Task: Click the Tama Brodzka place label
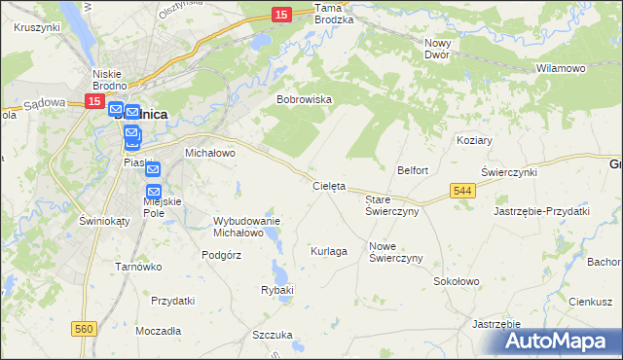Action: point(334,13)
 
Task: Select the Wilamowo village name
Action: point(561,69)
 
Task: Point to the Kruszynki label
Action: point(38,27)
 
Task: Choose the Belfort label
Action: point(412,170)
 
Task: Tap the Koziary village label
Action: point(474,140)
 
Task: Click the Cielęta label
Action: point(329,185)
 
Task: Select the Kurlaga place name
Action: point(329,251)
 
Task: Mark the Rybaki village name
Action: point(277,290)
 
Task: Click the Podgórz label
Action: point(221,254)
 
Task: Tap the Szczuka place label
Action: point(272,335)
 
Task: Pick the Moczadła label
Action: point(158,331)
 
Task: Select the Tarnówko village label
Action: point(137,267)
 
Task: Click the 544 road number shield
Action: point(463,193)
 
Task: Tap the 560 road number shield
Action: point(84,330)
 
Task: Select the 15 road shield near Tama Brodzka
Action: point(280,15)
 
